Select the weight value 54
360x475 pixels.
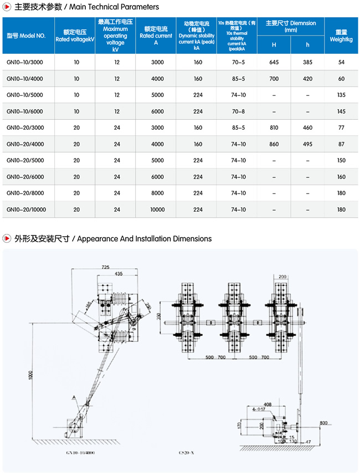[x=341, y=63]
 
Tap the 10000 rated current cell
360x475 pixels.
[x=157, y=210]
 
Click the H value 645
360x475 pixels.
[x=274, y=63]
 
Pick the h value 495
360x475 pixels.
[x=307, y=144]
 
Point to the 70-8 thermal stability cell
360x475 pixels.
[x=239, y=111]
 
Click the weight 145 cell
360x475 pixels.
[x=341, y=111]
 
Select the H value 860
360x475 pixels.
[x=274, y=144]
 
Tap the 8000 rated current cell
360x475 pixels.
[x=157, y=193]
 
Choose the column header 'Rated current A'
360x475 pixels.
[x=157, y=35]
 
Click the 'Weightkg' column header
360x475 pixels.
[x=341, y=35]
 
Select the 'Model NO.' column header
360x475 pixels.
[x=26, y=35]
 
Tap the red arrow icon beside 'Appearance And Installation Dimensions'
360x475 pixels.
[x=7, y=239]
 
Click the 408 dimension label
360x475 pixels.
[x=268, y=405]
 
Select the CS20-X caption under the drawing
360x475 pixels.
[x=198, y=453]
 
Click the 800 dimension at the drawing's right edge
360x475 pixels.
[x=323, y=423]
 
